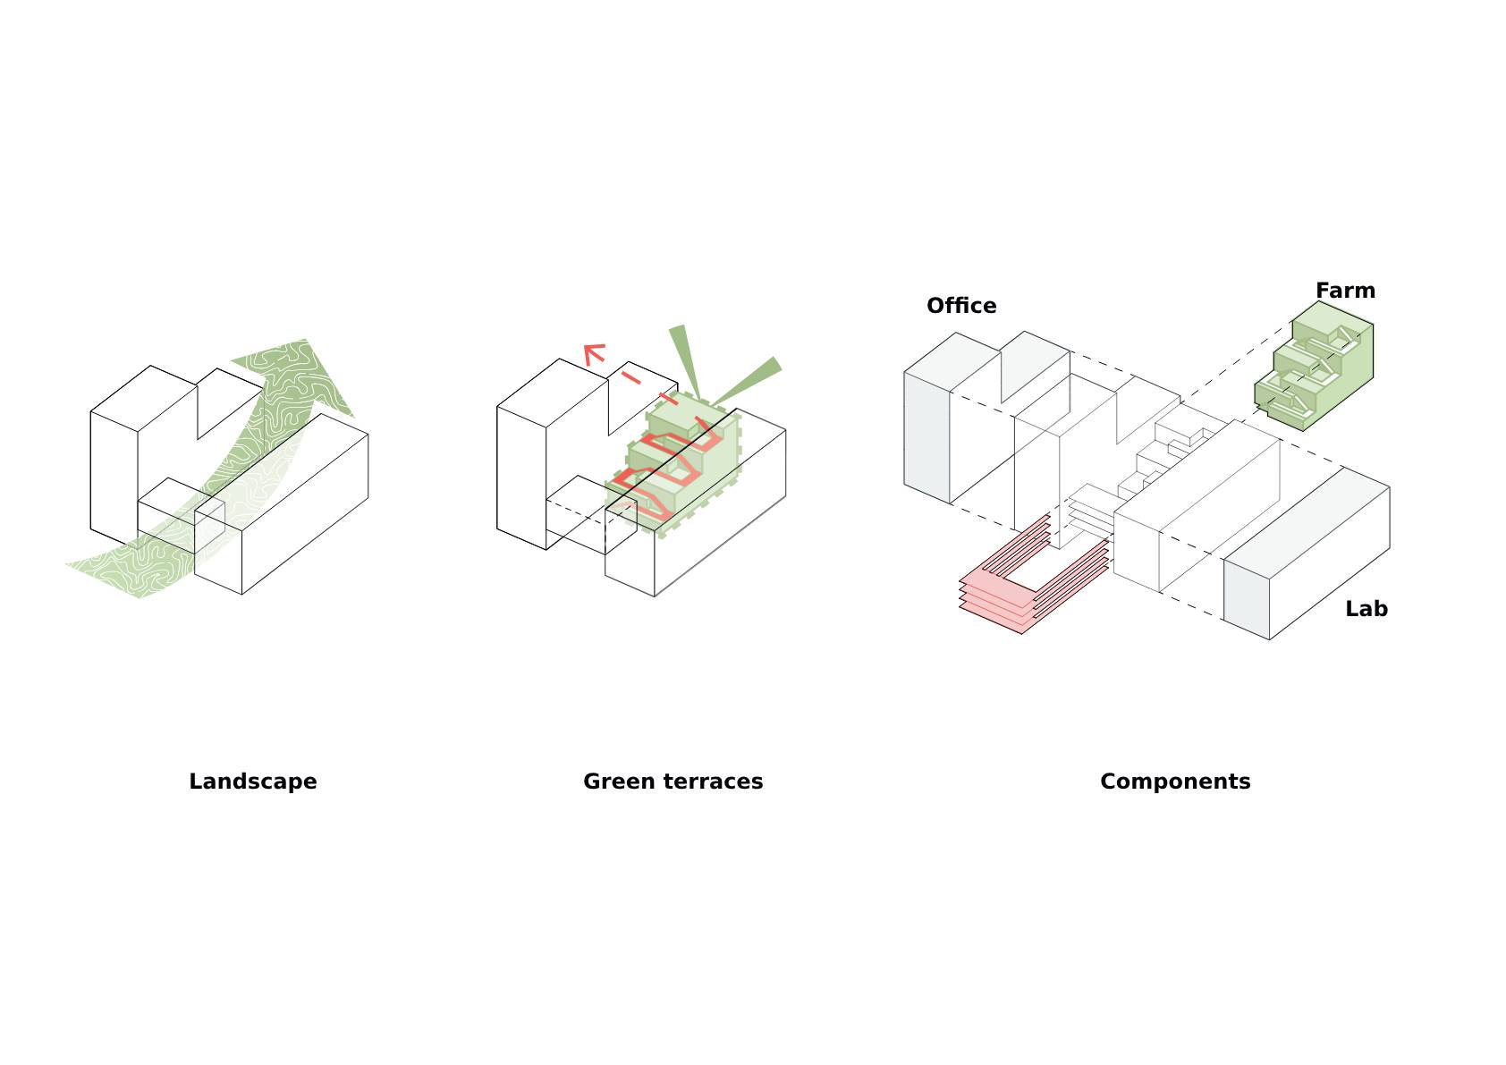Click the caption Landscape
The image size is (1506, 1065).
[253, 782]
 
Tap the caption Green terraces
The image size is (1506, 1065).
[673, 782]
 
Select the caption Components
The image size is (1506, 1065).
[1175, 782]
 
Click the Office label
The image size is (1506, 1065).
[961, 305]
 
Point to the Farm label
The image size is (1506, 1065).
[1345, 291]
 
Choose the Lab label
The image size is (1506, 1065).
[1366, 608]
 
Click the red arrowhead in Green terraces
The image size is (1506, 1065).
[593, 353]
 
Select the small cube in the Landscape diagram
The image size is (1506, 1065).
[181, 516]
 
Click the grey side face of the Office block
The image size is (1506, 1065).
[926, 437]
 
